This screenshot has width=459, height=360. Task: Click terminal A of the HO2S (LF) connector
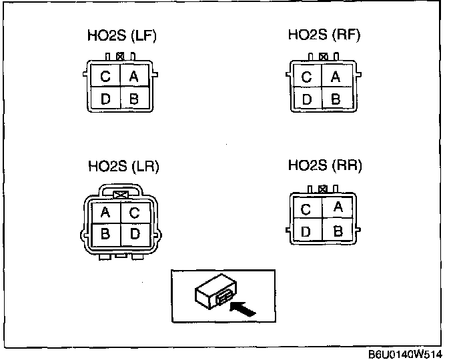tap(134, 75)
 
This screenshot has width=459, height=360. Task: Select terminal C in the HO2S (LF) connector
tap(105, 75)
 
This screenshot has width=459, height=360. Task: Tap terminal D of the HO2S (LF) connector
tap(105, 97)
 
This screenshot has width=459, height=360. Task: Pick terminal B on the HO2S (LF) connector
tap(134, 97)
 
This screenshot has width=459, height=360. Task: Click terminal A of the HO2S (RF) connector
tap(336, 76)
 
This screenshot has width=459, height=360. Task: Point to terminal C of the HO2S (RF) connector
tap(308, 76)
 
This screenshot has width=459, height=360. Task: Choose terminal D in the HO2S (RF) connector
tap(308, 98)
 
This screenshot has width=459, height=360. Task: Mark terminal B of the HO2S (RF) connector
tap(336, 98)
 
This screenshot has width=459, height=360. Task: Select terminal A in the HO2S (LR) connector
tap(106, 213)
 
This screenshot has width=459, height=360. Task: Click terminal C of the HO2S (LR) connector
tap(135, 213)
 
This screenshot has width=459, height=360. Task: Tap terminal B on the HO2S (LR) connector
tap(106, 235)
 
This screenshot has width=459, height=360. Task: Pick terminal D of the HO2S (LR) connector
tap(135, 235)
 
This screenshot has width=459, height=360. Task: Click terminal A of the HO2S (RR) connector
tap(337, 207)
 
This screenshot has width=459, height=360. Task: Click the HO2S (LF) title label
tap(122, 36)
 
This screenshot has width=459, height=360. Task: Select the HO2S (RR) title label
tap(325, 165)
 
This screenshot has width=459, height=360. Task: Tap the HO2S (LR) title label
tap(123, 167)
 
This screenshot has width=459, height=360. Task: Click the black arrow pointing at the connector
tap(242, 309)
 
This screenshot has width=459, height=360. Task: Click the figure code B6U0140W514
tap(405, 355)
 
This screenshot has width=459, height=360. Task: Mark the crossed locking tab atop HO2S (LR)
tap(121, 195)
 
